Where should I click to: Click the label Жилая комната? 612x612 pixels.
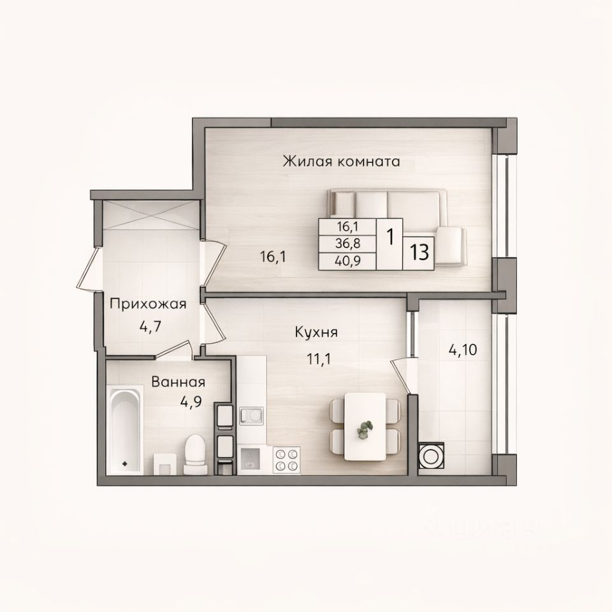pyautogui.click(x=342, y=161)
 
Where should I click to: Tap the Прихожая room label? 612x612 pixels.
pyautogui.click(x=148, y=304)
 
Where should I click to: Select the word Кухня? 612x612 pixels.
pyautogui.click(x=316, y=333)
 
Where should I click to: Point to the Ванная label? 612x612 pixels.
pyautogui.click(x=178, y=382)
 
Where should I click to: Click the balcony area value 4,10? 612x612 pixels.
pyautogui.click(x=463, y=350)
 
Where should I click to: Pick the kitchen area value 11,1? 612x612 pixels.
pyautogui.click(x=319, y=359)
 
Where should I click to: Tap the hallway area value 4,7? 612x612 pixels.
pyautogui.click(x=150, y=326)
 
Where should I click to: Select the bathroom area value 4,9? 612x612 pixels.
pyautogui.click(x=191, y=402)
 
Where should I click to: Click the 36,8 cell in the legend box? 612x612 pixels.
pyautogui.click(x=348, y=244)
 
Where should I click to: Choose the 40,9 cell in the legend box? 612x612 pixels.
pyautogui.click(x=348, y=261)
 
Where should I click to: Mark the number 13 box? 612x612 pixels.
pyautogui.click(x=419, y=253)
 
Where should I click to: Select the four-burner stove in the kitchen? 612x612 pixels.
pyautogui.click(x=286, y=460)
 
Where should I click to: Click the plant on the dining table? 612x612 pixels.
pyautogui.click(x=365, y=429)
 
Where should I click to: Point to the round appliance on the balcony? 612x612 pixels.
pyautogui.click(x=431, y=455)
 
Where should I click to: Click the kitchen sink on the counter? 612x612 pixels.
pyautogui.click(x=251, y=415)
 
